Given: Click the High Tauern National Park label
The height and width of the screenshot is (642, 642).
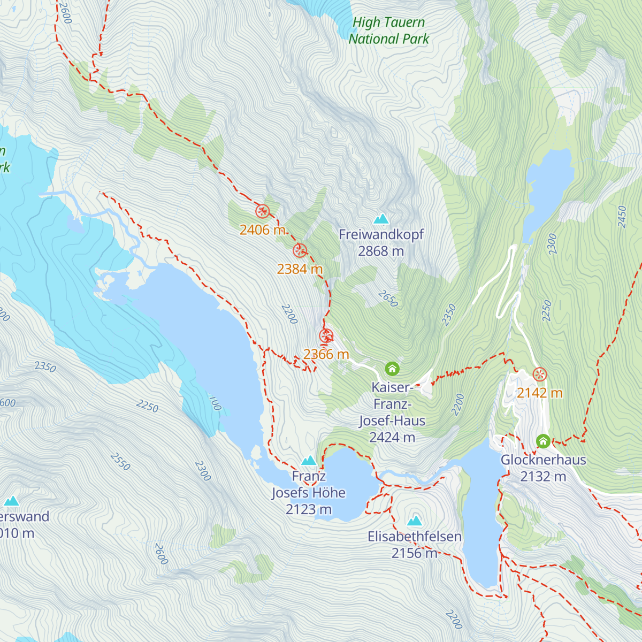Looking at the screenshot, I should tap(389, 30).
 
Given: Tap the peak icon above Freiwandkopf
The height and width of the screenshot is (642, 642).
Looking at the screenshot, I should tap(381, 218).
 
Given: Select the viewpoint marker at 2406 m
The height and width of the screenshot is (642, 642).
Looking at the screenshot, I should tap(262, 211).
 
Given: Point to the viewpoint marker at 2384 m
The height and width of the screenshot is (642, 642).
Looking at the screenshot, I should tap(300, 250).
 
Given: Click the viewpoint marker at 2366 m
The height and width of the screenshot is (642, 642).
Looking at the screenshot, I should tap(326, 337).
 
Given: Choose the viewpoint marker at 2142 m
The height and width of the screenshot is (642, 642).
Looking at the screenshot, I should tap(540, 374).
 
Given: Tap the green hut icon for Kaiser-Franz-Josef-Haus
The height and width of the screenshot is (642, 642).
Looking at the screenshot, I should tap(392, 369).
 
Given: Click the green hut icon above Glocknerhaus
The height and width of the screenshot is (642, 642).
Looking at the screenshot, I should tap(543, 441).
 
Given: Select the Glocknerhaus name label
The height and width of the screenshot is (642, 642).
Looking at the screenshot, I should tap(543, 460).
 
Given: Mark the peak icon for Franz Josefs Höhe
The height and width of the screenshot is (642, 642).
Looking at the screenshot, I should tap(309, 460).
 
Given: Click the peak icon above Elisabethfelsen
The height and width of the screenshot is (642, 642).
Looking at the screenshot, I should tap(415, 521).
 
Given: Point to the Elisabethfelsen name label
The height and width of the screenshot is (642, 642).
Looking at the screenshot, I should tap(415, 537).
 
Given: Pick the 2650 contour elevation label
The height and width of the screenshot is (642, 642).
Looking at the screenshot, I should tap(388, 299).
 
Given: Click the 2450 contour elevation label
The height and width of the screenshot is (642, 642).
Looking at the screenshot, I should tap(622, 217).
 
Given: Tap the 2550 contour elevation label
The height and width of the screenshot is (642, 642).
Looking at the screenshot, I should tap(120, 461).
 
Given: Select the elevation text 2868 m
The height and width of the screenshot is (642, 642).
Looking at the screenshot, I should tap(381, 251).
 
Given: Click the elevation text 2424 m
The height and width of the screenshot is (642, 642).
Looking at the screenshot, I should tap(392, 438).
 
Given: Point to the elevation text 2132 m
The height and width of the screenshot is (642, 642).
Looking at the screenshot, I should tap(543, 476).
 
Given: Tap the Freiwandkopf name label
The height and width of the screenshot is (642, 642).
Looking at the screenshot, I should tap(381, 234).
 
